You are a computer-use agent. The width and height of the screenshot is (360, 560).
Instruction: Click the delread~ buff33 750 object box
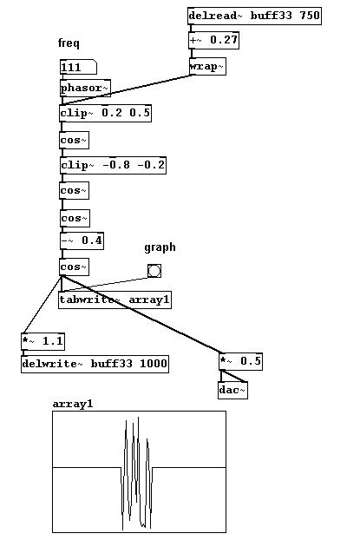pos(254,16)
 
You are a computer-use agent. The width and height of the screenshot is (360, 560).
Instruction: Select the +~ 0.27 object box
pos(213,40)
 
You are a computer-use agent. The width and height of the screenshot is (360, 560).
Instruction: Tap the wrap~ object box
pos(207,67)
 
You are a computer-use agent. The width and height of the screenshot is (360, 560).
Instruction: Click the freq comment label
pos(69,43)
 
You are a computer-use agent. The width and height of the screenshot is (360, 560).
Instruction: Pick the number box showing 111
pos(78,67)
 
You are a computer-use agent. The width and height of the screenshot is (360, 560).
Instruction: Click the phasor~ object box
pos(85,88)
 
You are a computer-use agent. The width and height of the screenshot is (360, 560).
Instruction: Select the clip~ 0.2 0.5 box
pos(106,113)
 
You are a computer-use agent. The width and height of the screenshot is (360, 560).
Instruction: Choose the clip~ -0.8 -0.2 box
pos(113,165)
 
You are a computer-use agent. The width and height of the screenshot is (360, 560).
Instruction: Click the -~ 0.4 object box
pos(82,241)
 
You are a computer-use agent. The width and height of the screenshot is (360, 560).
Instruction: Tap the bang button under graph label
pos(154,271)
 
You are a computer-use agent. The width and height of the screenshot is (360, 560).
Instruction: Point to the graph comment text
pos(160,247)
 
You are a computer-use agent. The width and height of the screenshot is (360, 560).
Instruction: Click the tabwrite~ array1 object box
pos(115,300)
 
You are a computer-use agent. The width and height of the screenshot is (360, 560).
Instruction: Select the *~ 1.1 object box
pos(43,341)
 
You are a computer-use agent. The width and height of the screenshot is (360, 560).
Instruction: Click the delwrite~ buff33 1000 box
pos(95,364)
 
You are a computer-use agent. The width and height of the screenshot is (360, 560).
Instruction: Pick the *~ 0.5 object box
pos(240,361)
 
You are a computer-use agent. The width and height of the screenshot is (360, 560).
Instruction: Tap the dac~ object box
pos(233,390)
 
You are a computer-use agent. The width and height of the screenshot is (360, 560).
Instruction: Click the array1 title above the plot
pos(73,404)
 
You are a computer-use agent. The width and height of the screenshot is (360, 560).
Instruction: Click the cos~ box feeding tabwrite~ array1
pos(75,267)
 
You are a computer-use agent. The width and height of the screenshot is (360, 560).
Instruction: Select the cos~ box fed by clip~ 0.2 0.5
pos(75,141)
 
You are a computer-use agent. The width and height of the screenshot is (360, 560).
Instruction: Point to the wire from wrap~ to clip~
pos(127,89)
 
